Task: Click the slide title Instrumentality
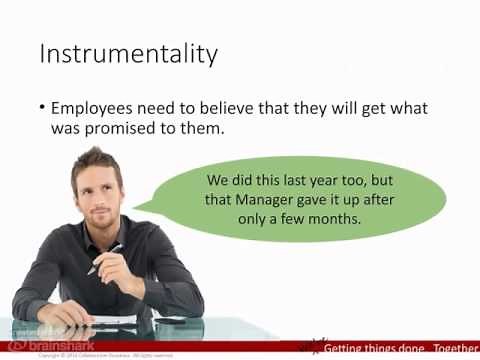coord(127,54)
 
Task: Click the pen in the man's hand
coord(106,257)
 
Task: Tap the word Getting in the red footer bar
coord(348,348)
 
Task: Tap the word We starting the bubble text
coord(217,181)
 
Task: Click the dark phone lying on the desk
coord(171,319)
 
